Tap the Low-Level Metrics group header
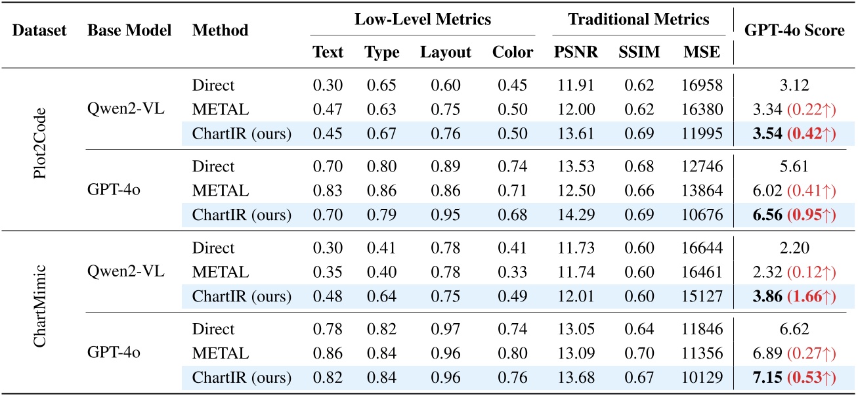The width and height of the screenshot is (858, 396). [x=423, y=20]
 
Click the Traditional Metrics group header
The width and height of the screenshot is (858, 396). [x=639, y=20]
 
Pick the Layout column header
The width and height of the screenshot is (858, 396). [x=446, y=53]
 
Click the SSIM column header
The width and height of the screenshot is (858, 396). [x=638, y=53]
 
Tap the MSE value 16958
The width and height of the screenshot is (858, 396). [x=701, y=85]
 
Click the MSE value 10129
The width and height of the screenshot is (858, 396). [x=701, y=378]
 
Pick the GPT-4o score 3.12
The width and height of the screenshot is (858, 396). [x=793, y=85]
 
